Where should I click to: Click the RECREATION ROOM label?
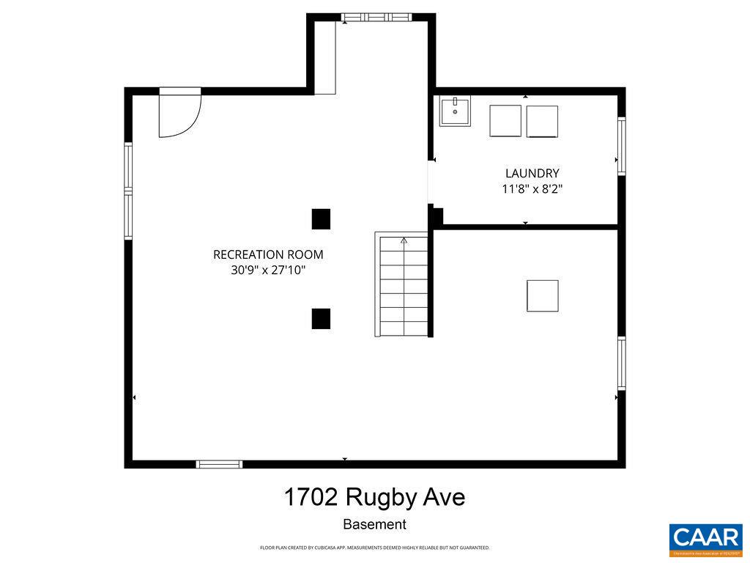268,254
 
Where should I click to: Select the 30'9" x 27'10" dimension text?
268,271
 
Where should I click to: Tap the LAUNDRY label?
532,173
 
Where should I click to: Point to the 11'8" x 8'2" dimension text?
532,189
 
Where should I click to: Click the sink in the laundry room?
455,111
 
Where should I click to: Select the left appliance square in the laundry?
505,120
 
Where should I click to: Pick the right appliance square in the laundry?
542,121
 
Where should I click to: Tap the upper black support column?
321,219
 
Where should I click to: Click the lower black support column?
321,318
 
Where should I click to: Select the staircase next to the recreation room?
401,284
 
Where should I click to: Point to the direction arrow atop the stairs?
404,239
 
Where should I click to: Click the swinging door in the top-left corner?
179,114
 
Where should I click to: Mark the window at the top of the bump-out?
377,17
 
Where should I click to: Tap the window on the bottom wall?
219,464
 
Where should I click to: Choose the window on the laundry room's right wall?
621,145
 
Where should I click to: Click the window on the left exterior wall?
128,191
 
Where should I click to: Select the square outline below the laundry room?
542,295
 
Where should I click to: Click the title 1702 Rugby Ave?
374,498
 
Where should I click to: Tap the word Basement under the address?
374,525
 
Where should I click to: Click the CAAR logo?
705,540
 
